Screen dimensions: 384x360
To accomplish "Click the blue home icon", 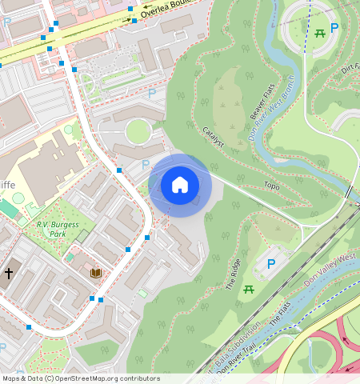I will coord(180,185).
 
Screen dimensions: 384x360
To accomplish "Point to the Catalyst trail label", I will coord(213,136).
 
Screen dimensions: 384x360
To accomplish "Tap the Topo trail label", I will coord(271,186).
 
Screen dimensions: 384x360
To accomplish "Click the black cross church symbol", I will coord(9,273).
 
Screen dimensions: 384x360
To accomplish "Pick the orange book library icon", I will coord(96,273).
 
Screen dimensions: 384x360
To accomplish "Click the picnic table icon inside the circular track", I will coord(319,32).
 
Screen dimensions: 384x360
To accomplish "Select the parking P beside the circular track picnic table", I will coord(335,28).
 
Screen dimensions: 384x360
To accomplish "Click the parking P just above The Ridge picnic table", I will coord(271,263).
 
